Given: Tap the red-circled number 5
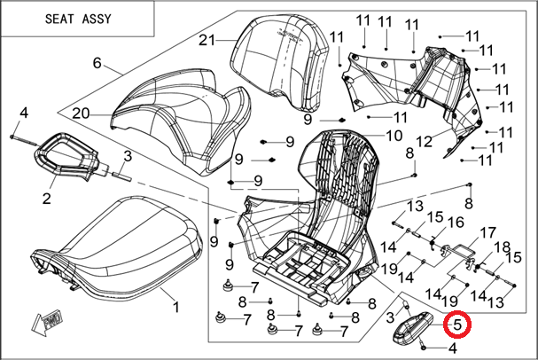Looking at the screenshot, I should tap(456, 326).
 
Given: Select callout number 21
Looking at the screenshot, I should tap(207, 41).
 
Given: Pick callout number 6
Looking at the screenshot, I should tap(97, 64).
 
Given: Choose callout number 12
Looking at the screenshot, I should tap(424, 141).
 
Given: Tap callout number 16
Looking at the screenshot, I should tap(457, 221).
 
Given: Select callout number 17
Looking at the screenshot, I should tap(487, 233).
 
